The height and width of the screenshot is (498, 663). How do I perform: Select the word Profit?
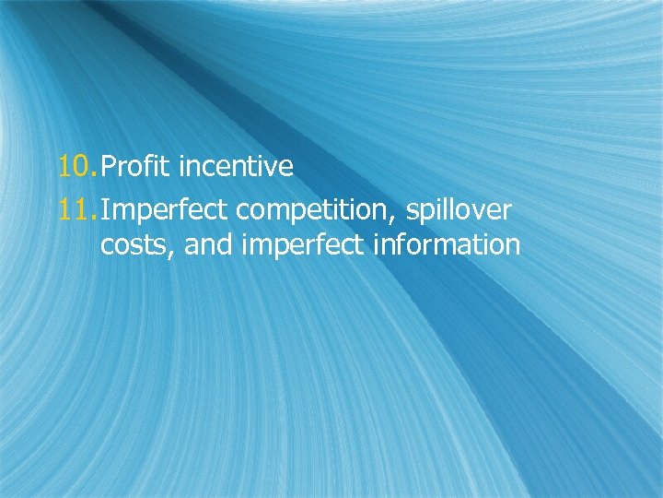click(x=137, y=167)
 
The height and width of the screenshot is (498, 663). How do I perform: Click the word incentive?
click(x=237, y=167)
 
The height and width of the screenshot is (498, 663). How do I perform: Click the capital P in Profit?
click(x=108, y=167)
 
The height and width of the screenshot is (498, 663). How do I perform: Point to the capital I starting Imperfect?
click(x=104, y=211)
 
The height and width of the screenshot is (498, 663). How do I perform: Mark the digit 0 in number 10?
click(x=84, y=167)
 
